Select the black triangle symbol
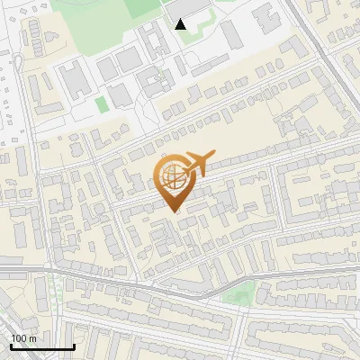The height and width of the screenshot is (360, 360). pos(181,24)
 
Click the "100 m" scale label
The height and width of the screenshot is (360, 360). pos(23,338)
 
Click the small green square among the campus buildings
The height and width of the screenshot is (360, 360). pos(102,103)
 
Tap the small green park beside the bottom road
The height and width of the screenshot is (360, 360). pos(238,293)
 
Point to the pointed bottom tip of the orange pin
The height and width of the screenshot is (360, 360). pos(173,211)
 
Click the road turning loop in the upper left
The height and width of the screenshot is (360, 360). pos(16,63)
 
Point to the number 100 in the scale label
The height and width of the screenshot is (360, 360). pos(19,338)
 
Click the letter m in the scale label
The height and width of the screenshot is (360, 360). pos(32,338)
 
